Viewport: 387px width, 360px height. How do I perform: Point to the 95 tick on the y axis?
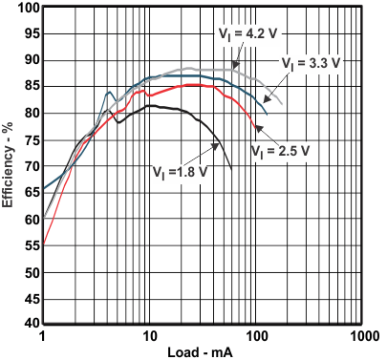pyautogui.click(x=30, y=34)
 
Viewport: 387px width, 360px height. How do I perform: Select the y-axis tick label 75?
pyautogui.click(x=30, y=140)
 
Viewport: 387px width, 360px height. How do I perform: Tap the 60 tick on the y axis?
pyautogui.click(x=30, y=220)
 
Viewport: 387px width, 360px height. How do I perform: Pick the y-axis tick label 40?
pyautogui.click(x=30, y=326)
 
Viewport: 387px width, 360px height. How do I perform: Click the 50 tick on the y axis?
pyautogui.click(x=30, y=273)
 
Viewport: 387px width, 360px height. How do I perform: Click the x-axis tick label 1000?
pyautogui.click(x=360, y=339)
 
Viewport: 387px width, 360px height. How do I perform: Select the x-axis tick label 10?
pyautogui.click(x=148, y=339)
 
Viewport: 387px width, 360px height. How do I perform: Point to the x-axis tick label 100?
pyautogui.click(x=254, y=339)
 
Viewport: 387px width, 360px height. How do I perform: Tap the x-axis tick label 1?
pyautogui.click(x=43, y=339)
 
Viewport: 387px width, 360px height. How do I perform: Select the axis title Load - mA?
pyautogui.click(x=202, y=353)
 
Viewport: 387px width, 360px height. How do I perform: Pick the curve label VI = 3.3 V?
pyautogui.click(x=309, y=63)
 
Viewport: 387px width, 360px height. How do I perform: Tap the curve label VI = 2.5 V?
pyautogui.click(x=277, y=150)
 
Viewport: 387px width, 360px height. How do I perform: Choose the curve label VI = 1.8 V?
pyautogui.click(x=180, y=173)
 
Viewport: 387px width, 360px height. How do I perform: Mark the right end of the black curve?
pyautogui.click(x=232, y=170)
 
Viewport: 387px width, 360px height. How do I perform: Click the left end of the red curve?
pyautogui.click(x=43, y=244)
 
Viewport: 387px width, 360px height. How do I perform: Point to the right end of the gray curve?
pyautogui.click(x=283, y=104)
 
